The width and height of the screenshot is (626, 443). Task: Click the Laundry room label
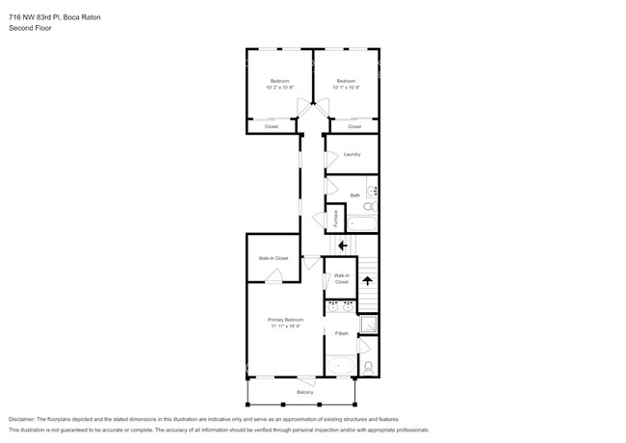point(352,154)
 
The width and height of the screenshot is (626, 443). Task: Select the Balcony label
point(304,393)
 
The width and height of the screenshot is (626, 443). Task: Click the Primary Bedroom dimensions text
point(286,326)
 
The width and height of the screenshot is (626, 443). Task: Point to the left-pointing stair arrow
point(342,245)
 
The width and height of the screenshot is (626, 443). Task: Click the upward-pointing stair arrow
point(367,281)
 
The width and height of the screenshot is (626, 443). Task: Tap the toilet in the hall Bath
point(371,208)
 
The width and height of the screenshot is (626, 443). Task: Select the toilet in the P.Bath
point(369,365)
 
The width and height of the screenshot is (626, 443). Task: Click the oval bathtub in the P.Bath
point(340,366)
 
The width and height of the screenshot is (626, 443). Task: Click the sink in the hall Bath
point(372,192)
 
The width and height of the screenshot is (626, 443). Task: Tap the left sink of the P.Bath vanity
point(333,308)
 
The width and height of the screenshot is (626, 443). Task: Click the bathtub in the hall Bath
point(363,223)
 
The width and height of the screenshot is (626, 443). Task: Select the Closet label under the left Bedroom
point(272,127)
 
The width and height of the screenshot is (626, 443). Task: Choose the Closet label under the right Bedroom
point(354,127)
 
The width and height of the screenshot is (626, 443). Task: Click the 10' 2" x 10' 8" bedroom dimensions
point(279,88)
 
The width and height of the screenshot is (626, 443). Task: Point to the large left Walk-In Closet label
point(273,258)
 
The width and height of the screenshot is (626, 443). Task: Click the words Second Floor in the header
point(30,29)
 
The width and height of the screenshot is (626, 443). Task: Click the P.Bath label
point(341,334)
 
